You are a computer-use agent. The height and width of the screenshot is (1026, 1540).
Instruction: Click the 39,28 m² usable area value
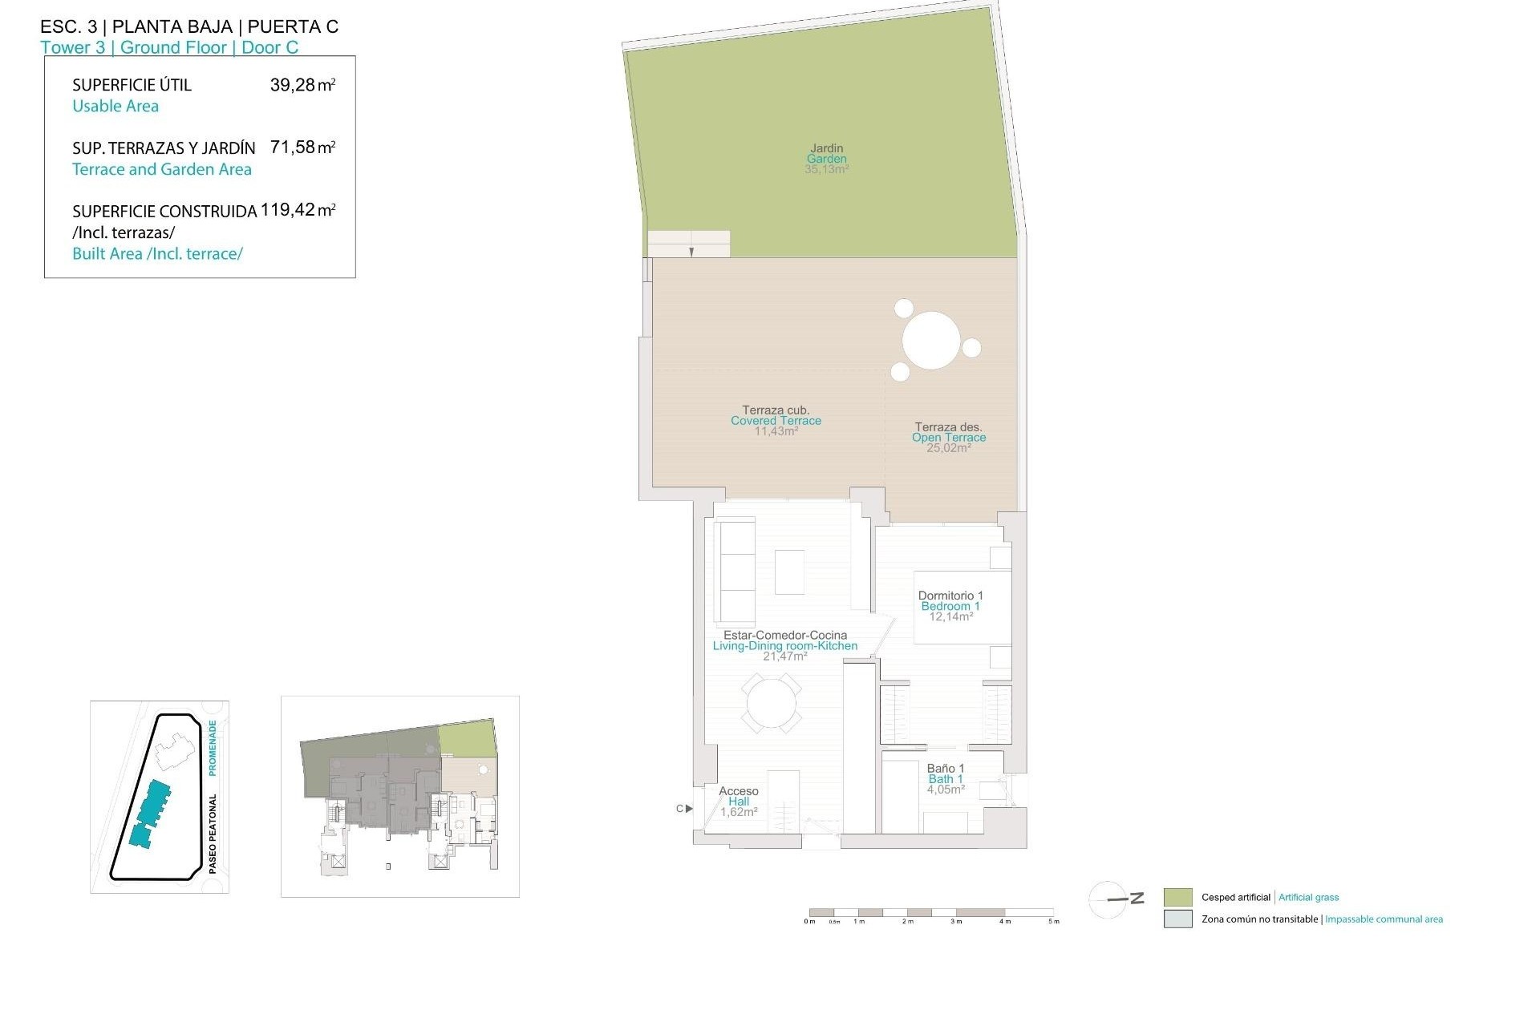[x=302, y=85]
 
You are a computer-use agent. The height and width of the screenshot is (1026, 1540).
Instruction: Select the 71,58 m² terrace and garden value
[x=302, y=147]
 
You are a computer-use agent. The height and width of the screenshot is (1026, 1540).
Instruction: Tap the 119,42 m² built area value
[x=298, y=211]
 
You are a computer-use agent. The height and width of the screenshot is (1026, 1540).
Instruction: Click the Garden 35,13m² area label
[x=826, y=159]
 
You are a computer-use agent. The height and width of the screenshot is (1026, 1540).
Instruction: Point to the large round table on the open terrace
[x=931, y=341]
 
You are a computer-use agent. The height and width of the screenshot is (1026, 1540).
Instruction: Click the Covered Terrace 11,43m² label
[x=776, y=421]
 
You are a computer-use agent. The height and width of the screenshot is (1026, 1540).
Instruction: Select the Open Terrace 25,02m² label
[x=949, y=438]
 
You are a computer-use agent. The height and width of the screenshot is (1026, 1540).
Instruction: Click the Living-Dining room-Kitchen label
[x=784, y=645]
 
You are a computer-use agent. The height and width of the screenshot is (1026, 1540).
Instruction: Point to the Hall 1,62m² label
[x=739, y=802]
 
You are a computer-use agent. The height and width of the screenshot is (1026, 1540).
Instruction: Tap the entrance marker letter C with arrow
[x=683, y=809]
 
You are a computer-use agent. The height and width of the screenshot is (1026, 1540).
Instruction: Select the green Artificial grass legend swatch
[x=1177, y=897]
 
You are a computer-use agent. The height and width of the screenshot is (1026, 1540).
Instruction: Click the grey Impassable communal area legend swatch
[x=1177, y=919]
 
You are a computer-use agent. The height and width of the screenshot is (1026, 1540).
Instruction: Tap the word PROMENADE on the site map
[x=213, y=747]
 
